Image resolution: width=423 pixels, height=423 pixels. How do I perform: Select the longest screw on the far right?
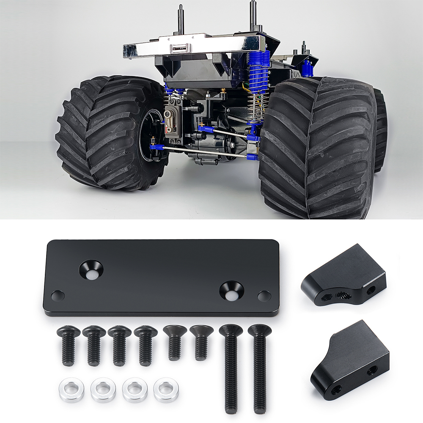click(x=259, y=368)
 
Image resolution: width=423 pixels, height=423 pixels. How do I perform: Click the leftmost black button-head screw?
click(x=68, y=345)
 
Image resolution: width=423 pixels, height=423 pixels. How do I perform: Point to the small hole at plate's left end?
click(x=58, y=295)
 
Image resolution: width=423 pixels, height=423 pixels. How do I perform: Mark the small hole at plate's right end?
click(x=264, y=296)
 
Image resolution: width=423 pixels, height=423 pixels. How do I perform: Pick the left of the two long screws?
click(x=231, y=368)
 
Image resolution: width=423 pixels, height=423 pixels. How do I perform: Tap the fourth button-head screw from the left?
click(x=146, y=345)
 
